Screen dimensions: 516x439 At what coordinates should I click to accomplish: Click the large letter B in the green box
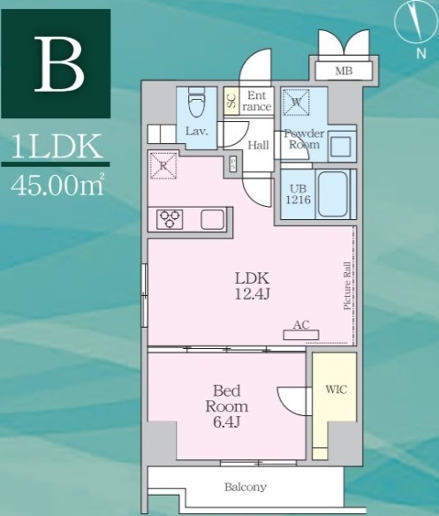(x=60, y=65)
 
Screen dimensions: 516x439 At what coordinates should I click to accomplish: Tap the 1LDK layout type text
(x=55, y=147)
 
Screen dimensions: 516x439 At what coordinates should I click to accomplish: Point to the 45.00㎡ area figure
(x=55, y=186)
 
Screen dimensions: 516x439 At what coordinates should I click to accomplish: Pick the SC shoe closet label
(x=231, y=101)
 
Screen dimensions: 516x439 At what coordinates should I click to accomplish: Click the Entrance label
(x=257, y=101)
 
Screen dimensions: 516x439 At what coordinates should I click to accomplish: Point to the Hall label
(x=258, y=145)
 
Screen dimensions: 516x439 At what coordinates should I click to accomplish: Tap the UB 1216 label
(x=296, y=193)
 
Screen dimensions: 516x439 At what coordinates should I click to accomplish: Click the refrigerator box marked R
(x=163, y=164)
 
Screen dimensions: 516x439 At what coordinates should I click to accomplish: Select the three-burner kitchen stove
(x=170, y=220)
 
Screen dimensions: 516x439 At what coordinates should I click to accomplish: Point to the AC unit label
(x=300, y=325)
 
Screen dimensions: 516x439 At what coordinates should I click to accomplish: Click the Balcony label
(x=245, y=487)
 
